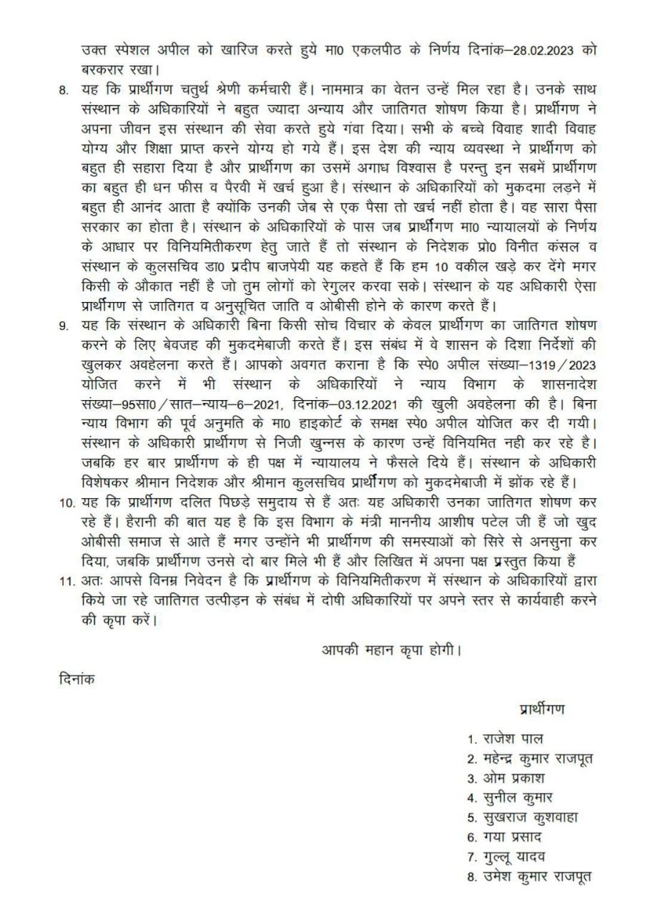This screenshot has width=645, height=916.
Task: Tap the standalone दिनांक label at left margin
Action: click(x=75, y=678)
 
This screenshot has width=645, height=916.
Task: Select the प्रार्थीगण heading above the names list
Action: click(x=541, y=708)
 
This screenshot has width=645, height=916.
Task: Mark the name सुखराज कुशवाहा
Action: click(x=527, y=817)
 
